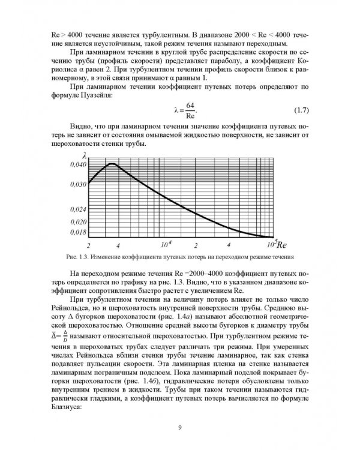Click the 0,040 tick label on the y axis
pyautogui.click(x=77, y=164)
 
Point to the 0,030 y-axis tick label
pyautogui.click(x=77, y=184)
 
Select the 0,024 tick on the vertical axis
pyautogui.click(x=77, y=209)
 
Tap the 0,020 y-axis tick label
pyautogui.click(x=77, y=221)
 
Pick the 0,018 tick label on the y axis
pyautogui.click(x=77, y=231)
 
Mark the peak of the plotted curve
pyautogui.click(x=112, y=163)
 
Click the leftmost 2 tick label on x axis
pyautogui.click(x=88, y=246)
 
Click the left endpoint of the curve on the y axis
pyautogui.click(x=89, y=182)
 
